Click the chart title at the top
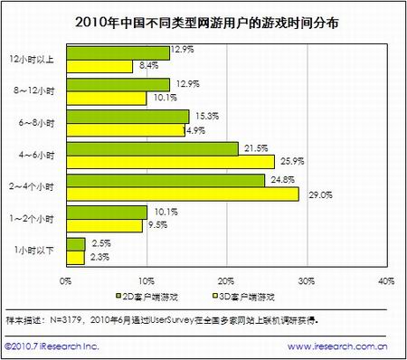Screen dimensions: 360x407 [203, 21]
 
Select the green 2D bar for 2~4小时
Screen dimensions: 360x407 [145, 181]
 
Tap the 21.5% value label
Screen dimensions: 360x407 [252, 146]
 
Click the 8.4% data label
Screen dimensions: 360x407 [145, 65]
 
